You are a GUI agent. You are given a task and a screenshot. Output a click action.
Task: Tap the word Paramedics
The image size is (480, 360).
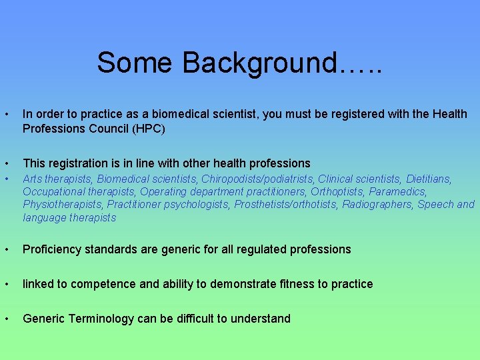(398, 191)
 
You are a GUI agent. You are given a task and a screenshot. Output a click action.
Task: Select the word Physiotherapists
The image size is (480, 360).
(63, 204)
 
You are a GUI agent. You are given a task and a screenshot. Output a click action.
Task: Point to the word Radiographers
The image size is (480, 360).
(378, 204)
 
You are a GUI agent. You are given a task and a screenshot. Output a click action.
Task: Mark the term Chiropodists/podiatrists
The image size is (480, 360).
(258, 179)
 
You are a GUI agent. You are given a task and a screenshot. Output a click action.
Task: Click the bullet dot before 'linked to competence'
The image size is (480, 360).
(6, 284)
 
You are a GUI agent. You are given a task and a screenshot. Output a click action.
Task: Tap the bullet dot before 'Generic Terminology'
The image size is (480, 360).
(6, 319)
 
